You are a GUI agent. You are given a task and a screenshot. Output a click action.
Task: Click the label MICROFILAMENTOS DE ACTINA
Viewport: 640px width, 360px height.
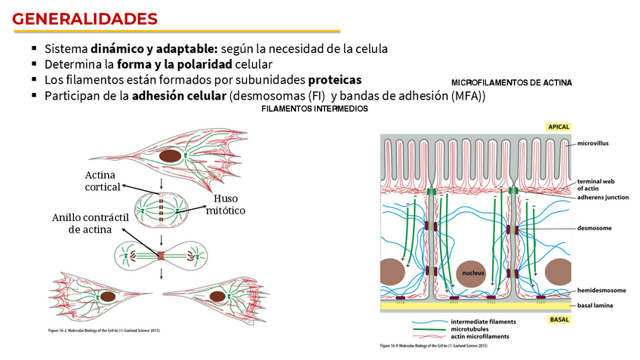pos(512,82)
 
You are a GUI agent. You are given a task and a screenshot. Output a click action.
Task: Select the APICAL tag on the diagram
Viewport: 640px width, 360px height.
pos(558,128)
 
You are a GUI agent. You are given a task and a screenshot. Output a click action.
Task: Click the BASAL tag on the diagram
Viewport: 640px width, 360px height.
pos(559,320)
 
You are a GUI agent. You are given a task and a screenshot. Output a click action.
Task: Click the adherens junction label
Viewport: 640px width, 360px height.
pos(602,197)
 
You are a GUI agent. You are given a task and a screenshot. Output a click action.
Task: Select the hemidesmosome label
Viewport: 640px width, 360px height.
pos(601,290)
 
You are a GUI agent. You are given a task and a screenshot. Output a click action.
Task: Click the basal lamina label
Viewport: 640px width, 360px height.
pos(596,306)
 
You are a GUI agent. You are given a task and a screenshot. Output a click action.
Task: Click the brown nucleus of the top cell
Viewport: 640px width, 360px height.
pos(171,157)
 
